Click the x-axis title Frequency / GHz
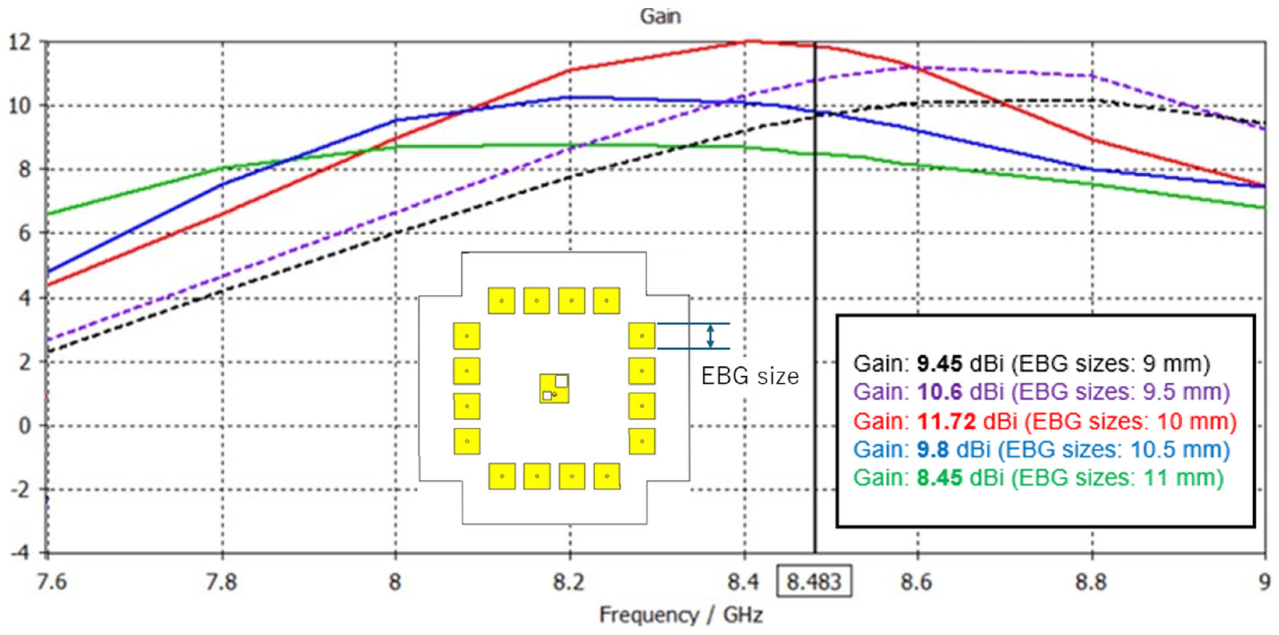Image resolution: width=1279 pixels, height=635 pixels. click(681, 615)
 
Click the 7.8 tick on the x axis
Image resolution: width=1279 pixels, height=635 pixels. click(222, 581)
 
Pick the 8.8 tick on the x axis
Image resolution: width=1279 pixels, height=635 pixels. click(1091, 581)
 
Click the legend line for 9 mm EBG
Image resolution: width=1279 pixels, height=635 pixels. click(1031, 364)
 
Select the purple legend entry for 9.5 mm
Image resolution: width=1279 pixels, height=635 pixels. click(1041, 392)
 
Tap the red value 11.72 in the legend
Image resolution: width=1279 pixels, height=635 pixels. click(946, 422)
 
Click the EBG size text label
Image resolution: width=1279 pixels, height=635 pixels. click(750, 376)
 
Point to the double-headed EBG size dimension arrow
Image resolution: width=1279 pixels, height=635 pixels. click(710, 336)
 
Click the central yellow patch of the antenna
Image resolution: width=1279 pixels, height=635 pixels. click(554, 388)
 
